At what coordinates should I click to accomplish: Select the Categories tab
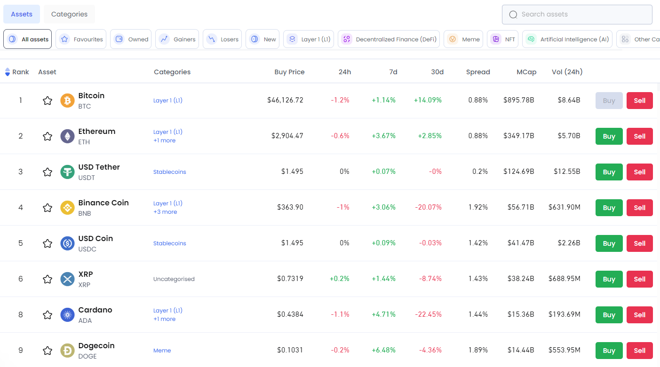coord(69,14)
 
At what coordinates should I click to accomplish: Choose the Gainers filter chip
coord(177,39)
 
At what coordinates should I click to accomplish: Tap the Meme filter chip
coord(464,39)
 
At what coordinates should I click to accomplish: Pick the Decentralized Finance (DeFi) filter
coord(389,39)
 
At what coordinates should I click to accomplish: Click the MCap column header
coord(526,72)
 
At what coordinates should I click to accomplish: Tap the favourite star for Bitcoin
coord(48,101)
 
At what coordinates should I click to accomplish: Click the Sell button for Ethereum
coord(639,136)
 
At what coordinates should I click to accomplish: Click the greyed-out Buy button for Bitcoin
coord(609,101)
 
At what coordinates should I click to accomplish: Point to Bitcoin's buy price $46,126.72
coord(285,100)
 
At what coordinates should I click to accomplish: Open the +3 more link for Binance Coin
coord(165,212)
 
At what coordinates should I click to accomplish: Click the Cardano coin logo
coord(68,315)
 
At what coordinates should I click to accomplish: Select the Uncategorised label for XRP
coord(174,279)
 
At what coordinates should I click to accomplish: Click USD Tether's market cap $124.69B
coord(518,172)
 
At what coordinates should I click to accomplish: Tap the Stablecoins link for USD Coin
coord(169,243)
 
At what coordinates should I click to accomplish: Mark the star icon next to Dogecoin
coord(48,351)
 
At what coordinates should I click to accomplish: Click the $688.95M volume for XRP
coord(564,279)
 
